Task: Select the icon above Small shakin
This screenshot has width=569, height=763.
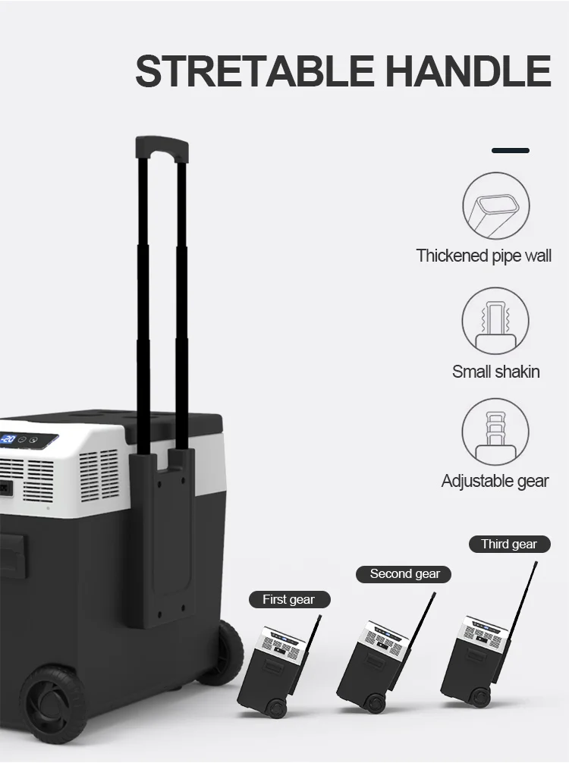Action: click(495, 322)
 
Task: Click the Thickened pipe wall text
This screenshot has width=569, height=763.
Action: click(483, 256)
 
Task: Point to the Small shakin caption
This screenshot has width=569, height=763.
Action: click(495, 371)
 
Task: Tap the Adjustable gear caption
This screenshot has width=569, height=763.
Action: click(495, 481)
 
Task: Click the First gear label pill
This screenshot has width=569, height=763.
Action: click(288, 599)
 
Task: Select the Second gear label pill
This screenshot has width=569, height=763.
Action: click(404, 574)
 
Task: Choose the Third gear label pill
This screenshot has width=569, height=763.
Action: click(508, 544)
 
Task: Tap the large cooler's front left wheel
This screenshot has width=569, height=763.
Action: click(53, 702)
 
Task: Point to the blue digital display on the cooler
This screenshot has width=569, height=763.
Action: click(9, 439)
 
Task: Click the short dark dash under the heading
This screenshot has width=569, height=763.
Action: click(510, 150)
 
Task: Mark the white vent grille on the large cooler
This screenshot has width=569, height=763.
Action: click(99, 474)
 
